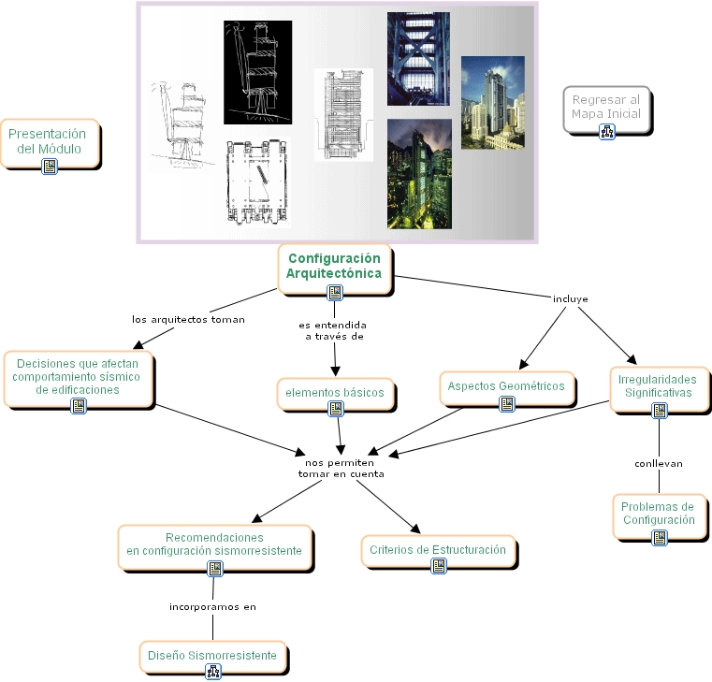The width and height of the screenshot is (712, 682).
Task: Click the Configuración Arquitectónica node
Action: click(334, 266)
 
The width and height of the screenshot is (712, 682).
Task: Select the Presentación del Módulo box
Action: click(51, 141)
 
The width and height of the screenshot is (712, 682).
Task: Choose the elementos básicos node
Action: click(335, 393)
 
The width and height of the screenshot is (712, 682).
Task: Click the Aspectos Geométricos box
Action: click(505, 386)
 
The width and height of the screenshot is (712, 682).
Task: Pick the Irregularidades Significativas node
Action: click(658, 386)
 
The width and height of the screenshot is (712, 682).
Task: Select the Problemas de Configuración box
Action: click(658, 513)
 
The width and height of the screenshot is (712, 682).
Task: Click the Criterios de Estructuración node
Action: click(437, 550)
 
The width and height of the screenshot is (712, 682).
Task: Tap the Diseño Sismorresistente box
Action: click(212, 656)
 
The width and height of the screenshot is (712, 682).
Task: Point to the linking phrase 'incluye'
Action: click(571, 299)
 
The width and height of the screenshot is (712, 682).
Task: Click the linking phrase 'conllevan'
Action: click(659, 463)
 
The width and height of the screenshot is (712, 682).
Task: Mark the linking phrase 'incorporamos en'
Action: click(212, 606)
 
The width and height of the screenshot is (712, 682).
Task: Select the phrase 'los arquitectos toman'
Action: click(188, 319)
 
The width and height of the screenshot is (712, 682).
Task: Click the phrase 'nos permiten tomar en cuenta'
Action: click(341, 468)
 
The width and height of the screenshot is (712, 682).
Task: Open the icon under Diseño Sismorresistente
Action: click(212, 671)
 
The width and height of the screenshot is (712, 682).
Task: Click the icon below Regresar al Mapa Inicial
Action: click(606, 132)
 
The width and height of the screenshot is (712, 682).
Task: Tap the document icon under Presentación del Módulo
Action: click(51, 166)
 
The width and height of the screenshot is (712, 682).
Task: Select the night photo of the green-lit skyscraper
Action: click(419, 173)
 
